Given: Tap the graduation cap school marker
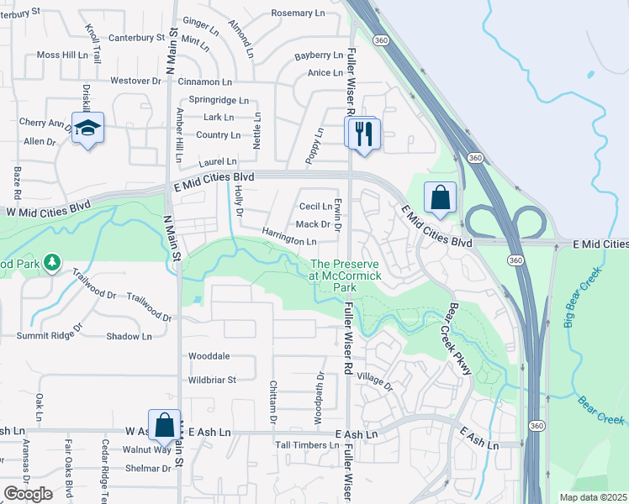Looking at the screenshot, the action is (x=87, y=129).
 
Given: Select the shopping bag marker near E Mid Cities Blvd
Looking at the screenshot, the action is (x=440, y=198).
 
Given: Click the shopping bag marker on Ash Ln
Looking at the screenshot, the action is (x=165, y=426).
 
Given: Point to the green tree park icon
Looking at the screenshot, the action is (x=53, y=263).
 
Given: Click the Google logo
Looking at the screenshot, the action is (x=28, y=494).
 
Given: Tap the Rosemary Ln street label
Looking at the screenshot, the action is (x=298, y=13).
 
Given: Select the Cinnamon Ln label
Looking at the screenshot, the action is (x=204, y=81).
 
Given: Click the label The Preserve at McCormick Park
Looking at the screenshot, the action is (x=346, y=276).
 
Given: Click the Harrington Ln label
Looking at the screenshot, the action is (x=288, y=237).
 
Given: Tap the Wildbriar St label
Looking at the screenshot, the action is (x=213, y=380).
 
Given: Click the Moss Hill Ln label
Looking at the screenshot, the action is (x=62, y=55).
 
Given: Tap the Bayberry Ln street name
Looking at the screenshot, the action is (x=319, y=55).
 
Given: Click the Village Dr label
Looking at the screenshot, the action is (x=375, y=382).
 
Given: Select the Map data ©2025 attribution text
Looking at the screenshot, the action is (x=593, y=497).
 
